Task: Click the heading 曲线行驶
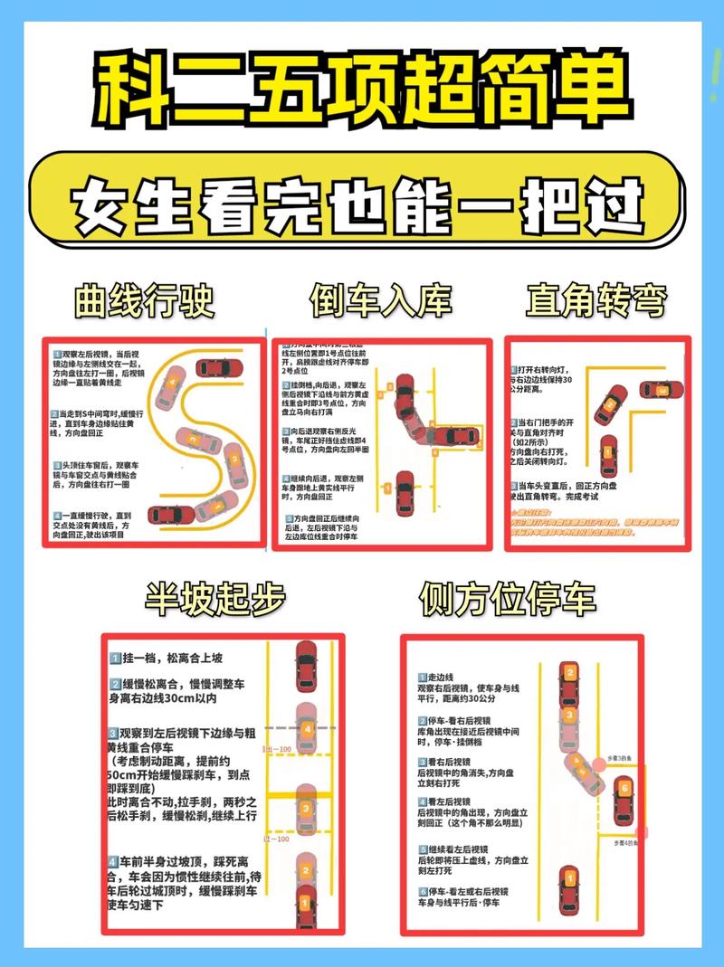pos(146,300)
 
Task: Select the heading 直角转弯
pos(597,300)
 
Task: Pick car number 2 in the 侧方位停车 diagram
pos(569,681)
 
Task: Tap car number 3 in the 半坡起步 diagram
pos(307,809)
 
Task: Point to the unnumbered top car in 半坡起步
pos(307,664)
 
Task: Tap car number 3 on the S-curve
pos(194,439)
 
